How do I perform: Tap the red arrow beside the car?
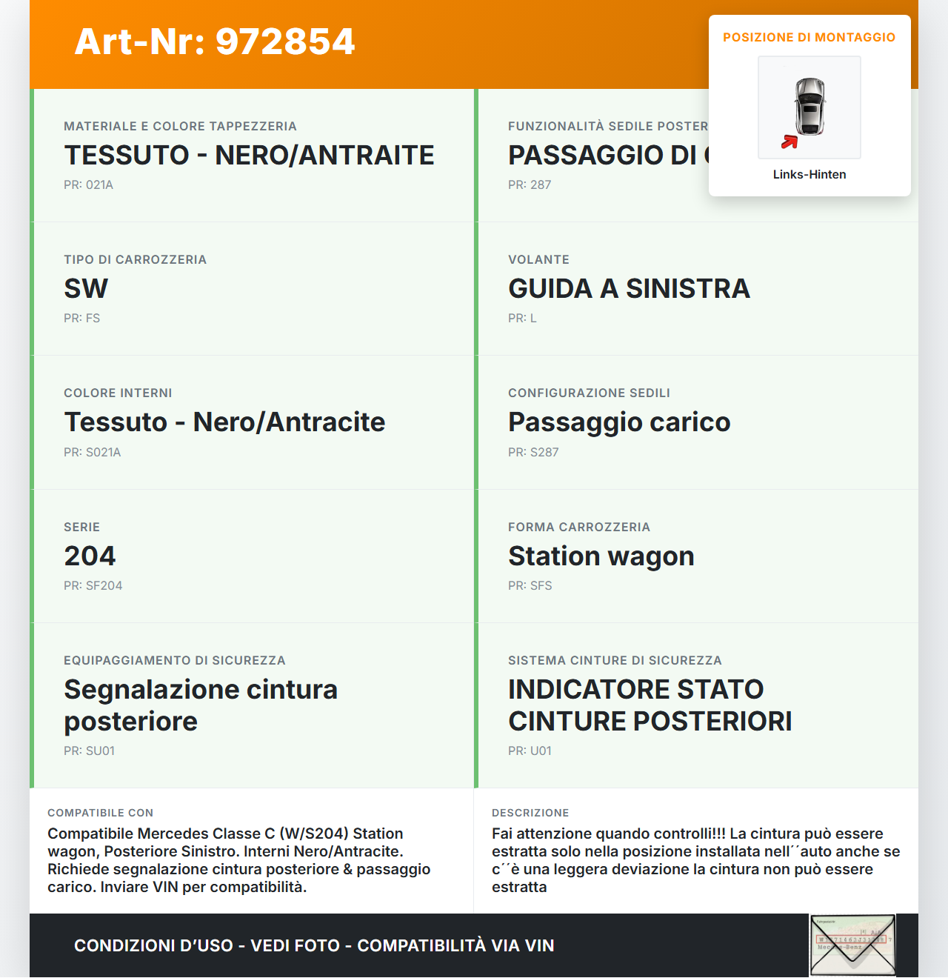pos(790,142)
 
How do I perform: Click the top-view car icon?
pos(810,107)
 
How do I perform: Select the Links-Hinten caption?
pos(810,174)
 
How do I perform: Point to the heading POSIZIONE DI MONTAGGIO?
pos(809,37)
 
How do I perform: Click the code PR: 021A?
pos(88,184)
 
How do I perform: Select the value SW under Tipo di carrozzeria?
pos(86,288)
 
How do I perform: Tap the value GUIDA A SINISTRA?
pos(629,288)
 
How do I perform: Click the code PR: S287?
pos(533,452)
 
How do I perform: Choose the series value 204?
pos(90,556)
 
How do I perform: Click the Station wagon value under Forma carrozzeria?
pos(601,556)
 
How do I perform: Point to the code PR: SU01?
pos(89,751)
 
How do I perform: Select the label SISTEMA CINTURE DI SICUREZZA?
pos(615,660)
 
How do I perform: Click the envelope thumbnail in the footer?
pos(852,945)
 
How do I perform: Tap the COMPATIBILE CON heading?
pos(100,813)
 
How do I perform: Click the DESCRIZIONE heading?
pos(530,813)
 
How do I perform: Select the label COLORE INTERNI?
pos(118,393)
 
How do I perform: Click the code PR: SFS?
pos(530,585)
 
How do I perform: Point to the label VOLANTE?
pos(538,259)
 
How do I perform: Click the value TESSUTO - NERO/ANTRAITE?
pos(249,155)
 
